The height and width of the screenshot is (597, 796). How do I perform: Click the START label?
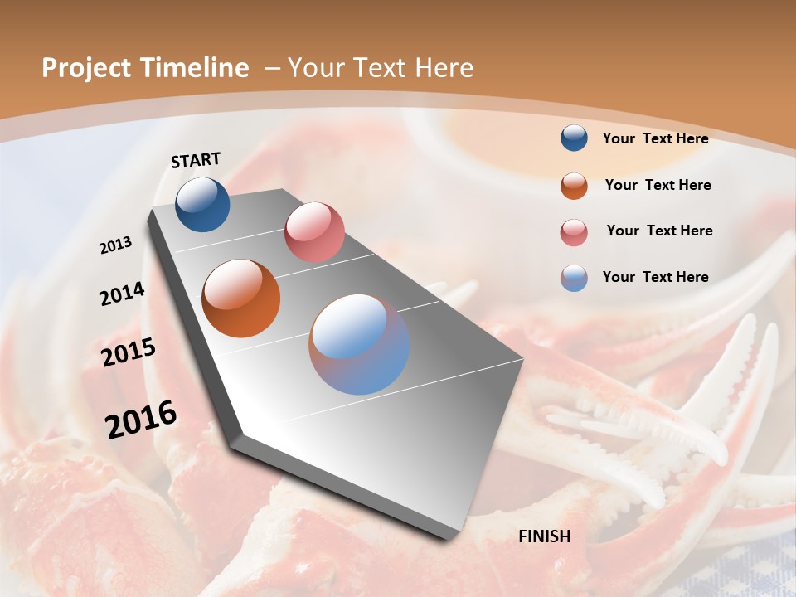coord(196,160)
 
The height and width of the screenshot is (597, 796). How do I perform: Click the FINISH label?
coord(545,536)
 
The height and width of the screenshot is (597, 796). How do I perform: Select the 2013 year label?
coord(116,245)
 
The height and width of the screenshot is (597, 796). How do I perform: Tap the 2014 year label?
coord(123,294)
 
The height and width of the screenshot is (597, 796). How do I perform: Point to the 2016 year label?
coord(141,419)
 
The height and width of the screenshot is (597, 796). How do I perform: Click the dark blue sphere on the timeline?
coord(202,204)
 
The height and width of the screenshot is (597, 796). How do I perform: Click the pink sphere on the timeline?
coord(314,232)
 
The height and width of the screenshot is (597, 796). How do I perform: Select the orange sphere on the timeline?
coord(241,298)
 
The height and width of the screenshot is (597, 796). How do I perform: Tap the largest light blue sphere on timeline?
coord(359,344)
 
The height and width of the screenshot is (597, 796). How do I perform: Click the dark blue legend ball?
coord(574,138)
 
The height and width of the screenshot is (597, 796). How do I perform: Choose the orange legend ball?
coord(574,186)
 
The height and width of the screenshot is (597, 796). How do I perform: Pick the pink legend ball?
coord(574,232)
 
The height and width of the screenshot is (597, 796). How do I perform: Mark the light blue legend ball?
coord(574,278)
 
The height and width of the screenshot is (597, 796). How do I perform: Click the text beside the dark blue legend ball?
coord(655,138)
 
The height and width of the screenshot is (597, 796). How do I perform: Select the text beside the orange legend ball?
coord(658,185)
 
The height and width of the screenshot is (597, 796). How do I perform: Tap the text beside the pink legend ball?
coord(659,231)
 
